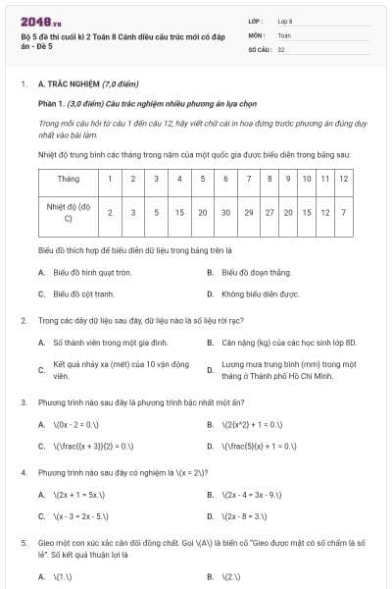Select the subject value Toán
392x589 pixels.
[284, 34]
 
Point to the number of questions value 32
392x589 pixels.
[281, 48]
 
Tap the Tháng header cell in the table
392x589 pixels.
[69, 180]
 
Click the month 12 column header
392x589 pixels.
[343, 180]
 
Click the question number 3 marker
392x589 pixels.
[23, 402]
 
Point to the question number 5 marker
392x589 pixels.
[23, 542]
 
